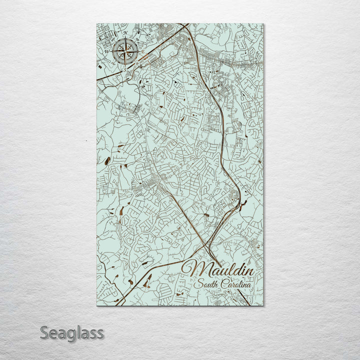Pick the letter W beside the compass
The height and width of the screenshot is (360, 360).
(x=106, y=50)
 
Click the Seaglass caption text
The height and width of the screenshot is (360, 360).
(x=72, y=332)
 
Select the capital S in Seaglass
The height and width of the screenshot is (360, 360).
(x=44, y=332)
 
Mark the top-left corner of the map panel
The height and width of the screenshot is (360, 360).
(x=96, y=23)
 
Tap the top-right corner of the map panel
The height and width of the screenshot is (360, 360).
(x=263, y=23)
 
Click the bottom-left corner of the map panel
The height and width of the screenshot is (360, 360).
(x=96, y=305)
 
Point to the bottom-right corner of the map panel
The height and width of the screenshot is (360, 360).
(x=263, y=305)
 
